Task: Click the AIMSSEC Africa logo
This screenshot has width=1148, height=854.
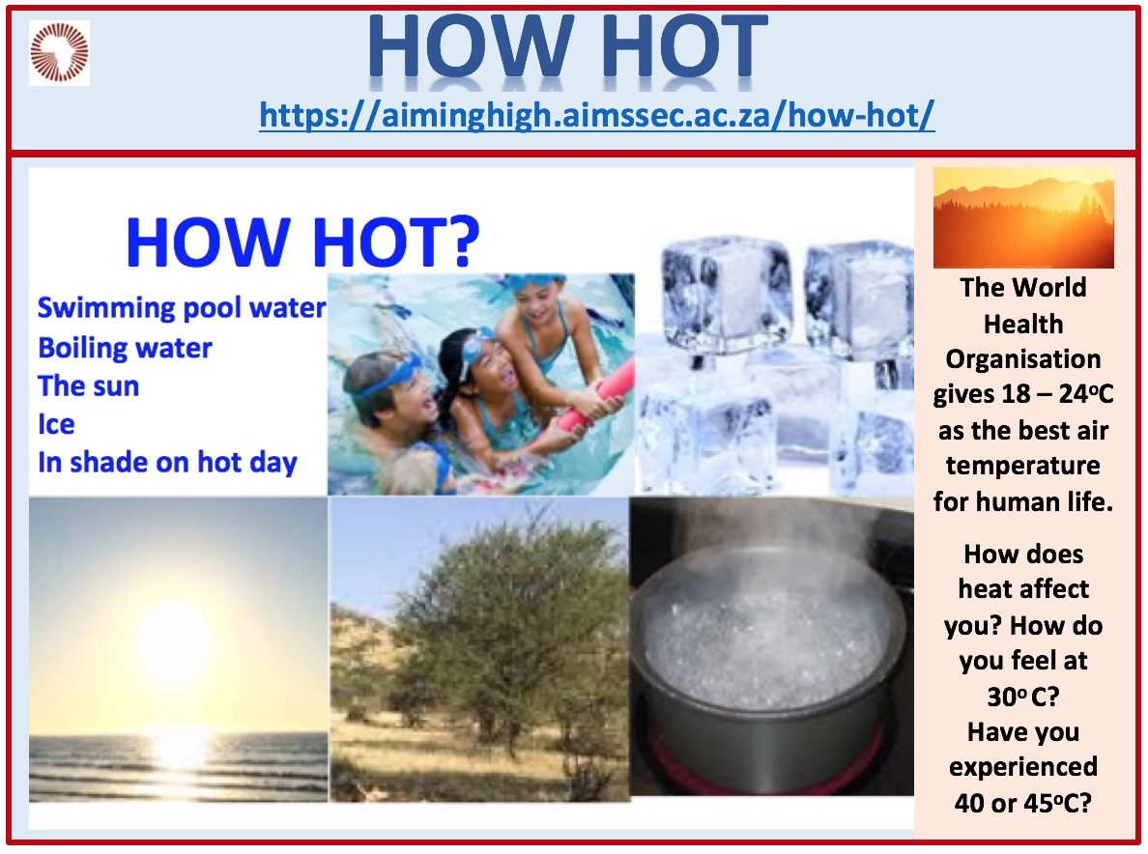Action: click(59, 53)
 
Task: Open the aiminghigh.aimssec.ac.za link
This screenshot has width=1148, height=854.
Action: click(596, 116)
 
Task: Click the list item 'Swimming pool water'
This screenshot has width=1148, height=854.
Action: click(182, 308)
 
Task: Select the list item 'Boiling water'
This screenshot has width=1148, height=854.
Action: click(125, 348)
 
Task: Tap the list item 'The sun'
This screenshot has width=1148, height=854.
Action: click(88, 385)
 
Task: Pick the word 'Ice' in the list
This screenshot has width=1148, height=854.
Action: click(56, 424)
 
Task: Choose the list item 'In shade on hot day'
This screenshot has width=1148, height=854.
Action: click(168, 463)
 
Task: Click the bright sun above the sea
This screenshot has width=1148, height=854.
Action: click(174, 636)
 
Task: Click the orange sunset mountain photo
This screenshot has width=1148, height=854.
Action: click(1023, 217)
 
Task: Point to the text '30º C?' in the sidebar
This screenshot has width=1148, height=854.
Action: click(1022, 696)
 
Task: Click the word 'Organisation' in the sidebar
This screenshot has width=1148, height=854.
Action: click(1022, 359)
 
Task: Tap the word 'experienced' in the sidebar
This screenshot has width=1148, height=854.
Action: click(1022, 767)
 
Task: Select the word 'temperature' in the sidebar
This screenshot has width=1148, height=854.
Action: click(1022, 466)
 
